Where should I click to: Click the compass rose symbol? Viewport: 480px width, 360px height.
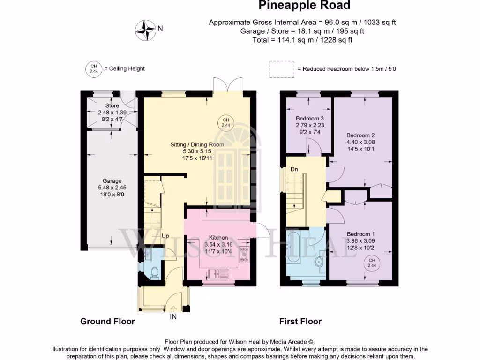(x=146, y=30)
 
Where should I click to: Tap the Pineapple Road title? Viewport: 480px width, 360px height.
(x=304, y=5)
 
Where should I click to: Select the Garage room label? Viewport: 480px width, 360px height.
(x=112, y=180)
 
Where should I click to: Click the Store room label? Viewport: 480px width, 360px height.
(x=112, y=105)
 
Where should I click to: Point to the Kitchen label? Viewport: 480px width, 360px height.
(x=218, y=237)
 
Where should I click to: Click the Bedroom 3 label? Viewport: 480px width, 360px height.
(x=310, y=118)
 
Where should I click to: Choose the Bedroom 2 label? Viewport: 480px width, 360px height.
(x=360, y=135)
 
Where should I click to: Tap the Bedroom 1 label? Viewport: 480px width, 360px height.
(x=360, y=234)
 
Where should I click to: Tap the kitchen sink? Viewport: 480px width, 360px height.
(x=218, y=273)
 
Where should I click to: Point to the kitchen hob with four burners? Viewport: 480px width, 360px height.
(x=244, y=254)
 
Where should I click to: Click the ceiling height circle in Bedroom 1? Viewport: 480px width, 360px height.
(x=372, y=263)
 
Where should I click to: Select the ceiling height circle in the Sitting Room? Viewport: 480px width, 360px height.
(x=225, y=122)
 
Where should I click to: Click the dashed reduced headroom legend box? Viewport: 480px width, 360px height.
(x=282, y=69)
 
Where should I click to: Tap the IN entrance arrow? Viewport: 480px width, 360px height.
(x=173, y=309)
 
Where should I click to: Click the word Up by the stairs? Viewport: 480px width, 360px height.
(x=165, y=236)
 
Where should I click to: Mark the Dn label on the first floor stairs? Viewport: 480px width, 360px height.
(x=294, y=169)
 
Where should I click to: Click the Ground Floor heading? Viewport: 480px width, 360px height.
(x=107, y=322)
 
